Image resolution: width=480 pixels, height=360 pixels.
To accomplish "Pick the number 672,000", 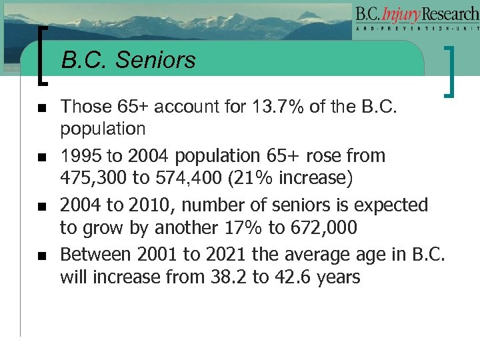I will coord(323,228).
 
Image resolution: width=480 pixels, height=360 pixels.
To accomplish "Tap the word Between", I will coord(95,253).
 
